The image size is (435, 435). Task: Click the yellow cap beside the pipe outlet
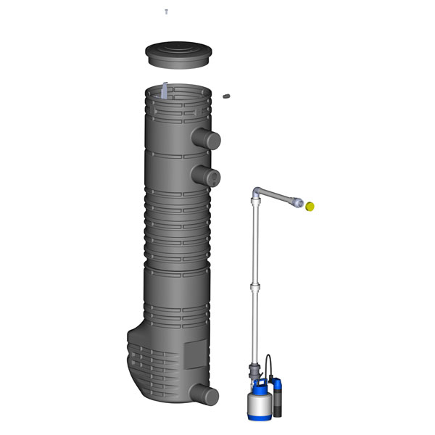[310, 207]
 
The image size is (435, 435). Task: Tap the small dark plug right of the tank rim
[226, 95]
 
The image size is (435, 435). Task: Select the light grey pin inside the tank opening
[166, 91]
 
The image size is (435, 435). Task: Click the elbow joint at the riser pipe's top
[257, 194]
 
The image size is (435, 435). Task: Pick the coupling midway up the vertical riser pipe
[254, 289]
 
